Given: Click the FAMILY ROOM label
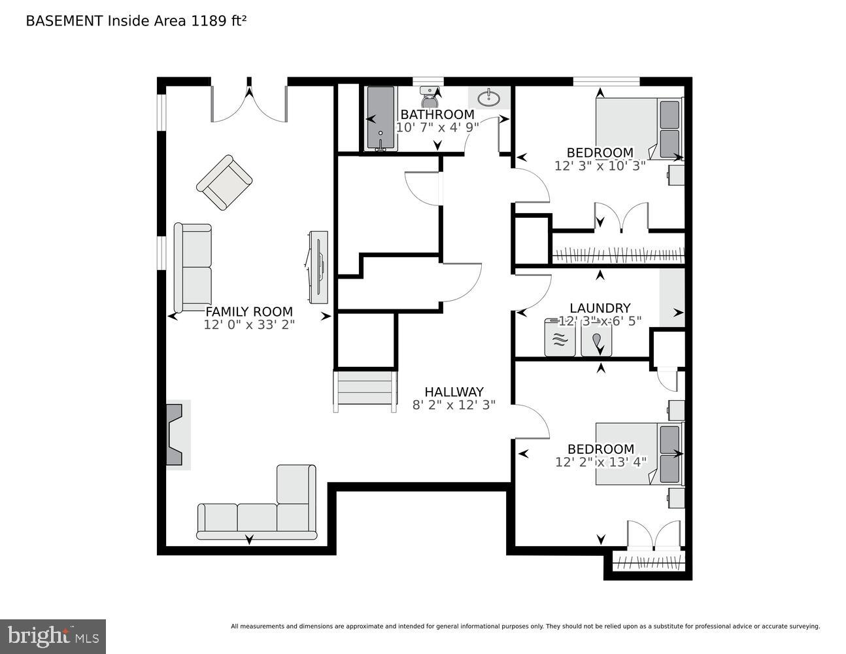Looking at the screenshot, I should [249, 312].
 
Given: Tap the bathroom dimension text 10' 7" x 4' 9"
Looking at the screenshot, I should [437, 128].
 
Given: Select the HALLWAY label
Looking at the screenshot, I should [454, 392].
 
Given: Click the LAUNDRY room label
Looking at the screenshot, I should [600, 308].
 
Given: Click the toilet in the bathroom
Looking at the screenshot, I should [430, 98].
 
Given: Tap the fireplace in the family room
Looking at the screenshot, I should [175, 435].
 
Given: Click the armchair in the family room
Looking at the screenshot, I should [224, 182].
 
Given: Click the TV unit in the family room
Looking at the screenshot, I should [318, 267].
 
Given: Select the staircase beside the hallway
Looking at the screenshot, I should [365, 391].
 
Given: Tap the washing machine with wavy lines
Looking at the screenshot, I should [560, 338].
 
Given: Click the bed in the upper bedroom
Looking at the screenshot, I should [637, 128].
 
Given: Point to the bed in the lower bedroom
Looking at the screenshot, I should [637, 453].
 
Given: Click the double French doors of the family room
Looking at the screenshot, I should [249, 101].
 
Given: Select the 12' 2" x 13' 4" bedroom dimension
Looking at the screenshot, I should [600, 462].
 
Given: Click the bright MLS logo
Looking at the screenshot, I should [53, 636].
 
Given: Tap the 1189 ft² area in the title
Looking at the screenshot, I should [218, 21].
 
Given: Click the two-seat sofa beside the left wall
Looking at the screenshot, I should [193, 267].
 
